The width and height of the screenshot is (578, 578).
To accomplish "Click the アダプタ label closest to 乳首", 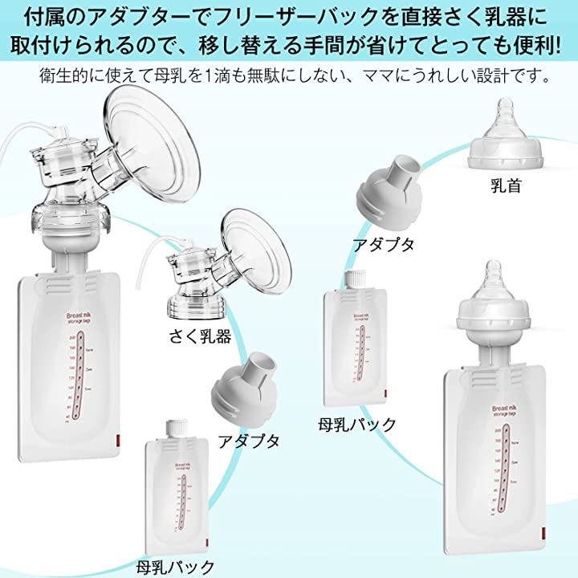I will [384, 244].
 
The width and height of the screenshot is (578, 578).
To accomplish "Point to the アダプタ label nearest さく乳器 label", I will [249, 440].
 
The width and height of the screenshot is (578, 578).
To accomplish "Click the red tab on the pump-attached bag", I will [114, 442].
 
